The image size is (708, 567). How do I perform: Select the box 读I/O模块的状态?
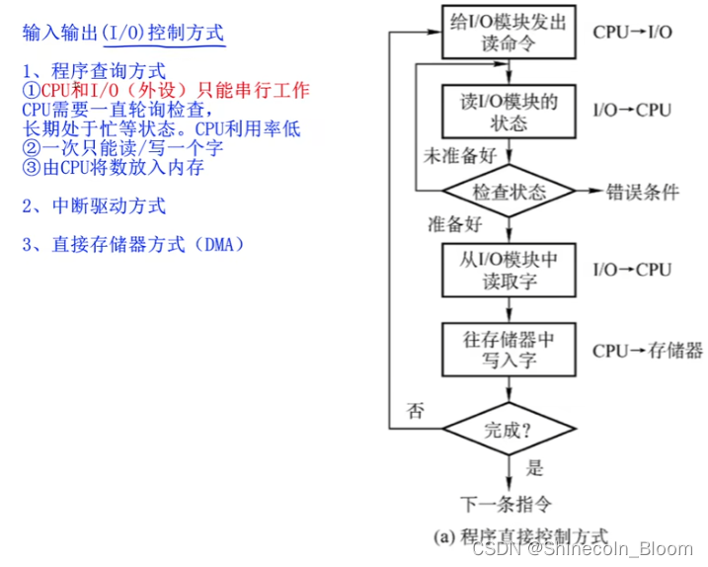509,111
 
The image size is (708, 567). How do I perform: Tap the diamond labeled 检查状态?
509,191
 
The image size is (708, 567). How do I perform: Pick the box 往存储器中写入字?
509,351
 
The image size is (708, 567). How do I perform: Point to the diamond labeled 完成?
509,431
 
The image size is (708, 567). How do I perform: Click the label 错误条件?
642,192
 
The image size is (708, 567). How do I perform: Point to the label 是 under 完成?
535,467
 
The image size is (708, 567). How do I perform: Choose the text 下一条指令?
509,501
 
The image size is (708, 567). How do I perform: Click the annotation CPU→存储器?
648,351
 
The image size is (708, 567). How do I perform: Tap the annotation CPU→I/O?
633,32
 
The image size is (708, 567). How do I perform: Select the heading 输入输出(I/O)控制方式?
123,33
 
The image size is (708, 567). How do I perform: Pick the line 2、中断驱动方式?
93,205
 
